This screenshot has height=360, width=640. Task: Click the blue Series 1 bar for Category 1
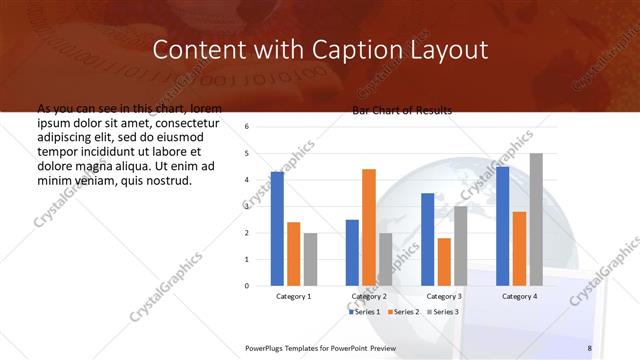pyautogui.click(x=277, y=229)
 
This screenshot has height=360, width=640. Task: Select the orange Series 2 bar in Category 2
pyautogui.click(x=369, y=227)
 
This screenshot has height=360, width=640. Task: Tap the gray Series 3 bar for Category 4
pyautogui.click(x=536, y=219)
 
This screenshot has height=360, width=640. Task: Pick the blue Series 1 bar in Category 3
pyautogui.click(x=427, y=239)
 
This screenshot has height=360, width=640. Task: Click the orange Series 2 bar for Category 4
pyautogui.click(x=519, y=248)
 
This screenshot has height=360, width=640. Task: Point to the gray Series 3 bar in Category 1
pyautogui.click(x=310, y=259)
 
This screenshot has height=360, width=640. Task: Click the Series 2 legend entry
pyautogui.click(x=403, y=312)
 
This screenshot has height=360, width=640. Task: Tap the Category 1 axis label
pyautogui.click(x=294, y=297)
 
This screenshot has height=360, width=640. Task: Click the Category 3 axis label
pyautogui.click(x=444, y=297)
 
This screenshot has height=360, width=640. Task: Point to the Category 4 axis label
pyautogui.click(x=519, y=297)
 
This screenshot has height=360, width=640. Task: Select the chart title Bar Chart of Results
pyautogui.click(x=402, y=110)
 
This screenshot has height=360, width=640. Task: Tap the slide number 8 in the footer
pyautogui.click(x=589, y=347)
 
